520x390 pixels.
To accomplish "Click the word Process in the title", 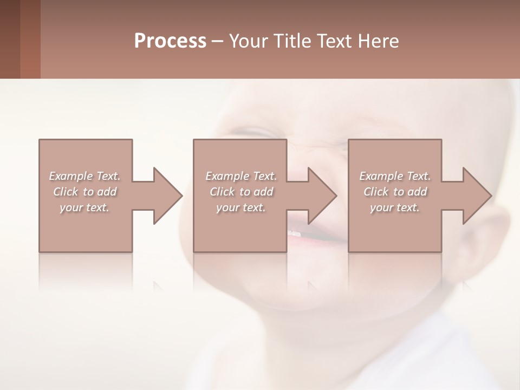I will click(170, 41).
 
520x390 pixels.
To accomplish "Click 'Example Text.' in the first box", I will click(84, 176).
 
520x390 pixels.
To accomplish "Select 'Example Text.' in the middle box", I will click(241, 176).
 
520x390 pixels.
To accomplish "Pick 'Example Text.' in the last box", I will click(395, 176).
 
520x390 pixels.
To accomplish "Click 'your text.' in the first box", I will click(84, 207).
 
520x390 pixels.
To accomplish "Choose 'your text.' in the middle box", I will click(241, 207).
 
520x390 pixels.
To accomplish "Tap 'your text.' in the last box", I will click(395, 207).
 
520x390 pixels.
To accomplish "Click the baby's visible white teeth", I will click(294, 232).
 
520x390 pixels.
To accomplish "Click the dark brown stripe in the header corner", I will click(10, 39).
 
